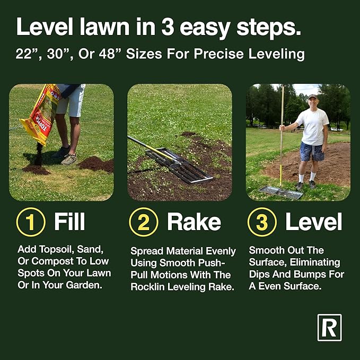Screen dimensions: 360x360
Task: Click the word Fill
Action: (x=69, y=222)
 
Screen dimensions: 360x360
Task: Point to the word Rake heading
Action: (x=194, y=222)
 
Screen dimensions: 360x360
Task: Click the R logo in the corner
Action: (x=329, y=327)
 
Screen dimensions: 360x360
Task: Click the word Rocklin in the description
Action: (x=150, y=287)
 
